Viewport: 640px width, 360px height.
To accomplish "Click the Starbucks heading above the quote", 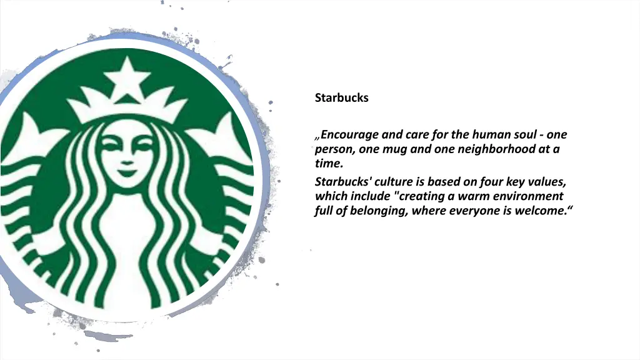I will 341,97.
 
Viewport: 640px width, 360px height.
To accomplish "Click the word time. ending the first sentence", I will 329,164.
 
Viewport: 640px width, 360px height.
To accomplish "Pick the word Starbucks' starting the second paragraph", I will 342,182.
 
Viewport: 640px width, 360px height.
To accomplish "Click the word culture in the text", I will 394,182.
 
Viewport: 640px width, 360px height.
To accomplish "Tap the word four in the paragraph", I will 491,182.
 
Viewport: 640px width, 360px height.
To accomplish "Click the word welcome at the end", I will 544,211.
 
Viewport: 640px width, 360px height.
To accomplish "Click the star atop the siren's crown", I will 127,78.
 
